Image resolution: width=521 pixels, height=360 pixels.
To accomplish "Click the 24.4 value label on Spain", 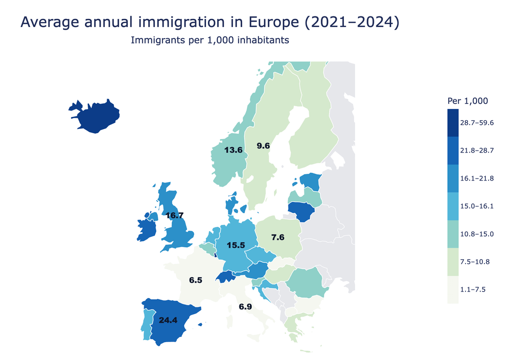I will click(x=168, y=320).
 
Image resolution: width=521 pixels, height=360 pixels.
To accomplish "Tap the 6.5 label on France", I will click(x=195, y=280).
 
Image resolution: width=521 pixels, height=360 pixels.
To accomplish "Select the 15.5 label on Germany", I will click(x=236, y=246).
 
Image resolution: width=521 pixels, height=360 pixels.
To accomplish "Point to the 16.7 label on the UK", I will click(x=174, y=215).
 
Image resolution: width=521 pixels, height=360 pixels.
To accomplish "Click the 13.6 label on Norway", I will click(x=233, y=150).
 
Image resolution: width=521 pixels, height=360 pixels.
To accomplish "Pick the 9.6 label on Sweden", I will click(x=263, y=145).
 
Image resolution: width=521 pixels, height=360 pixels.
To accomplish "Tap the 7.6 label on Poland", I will click(x=278, y=237).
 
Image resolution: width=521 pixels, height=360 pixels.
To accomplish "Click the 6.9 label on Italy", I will click(x=246, y=306).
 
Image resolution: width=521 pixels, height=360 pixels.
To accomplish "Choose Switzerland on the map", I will click(x=225, y=277).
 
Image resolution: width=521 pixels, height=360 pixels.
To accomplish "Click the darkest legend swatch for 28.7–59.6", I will click(x=452, y=123).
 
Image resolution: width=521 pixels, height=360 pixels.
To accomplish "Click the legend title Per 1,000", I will click(x=467, y=101).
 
